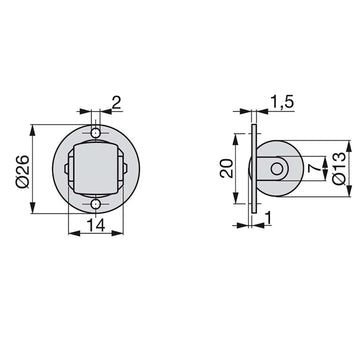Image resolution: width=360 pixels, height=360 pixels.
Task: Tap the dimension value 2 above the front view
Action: (x=116, y=103)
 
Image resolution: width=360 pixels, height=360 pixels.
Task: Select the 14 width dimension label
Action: (x=96, y=225)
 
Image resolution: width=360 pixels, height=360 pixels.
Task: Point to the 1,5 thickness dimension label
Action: (x=282, y=102)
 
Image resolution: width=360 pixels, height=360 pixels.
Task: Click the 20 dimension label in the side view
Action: (x=226, y=168)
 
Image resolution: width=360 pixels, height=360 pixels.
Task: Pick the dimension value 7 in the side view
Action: (x=313, y=169)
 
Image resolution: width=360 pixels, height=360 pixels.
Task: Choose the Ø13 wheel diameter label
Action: (x=339, y=168)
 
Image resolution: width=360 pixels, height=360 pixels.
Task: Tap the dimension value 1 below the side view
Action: (x=269, y=219)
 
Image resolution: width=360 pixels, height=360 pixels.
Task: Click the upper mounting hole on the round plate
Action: (x=96, y=133)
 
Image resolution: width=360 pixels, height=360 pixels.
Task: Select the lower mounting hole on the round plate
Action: (x=96, y=204)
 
